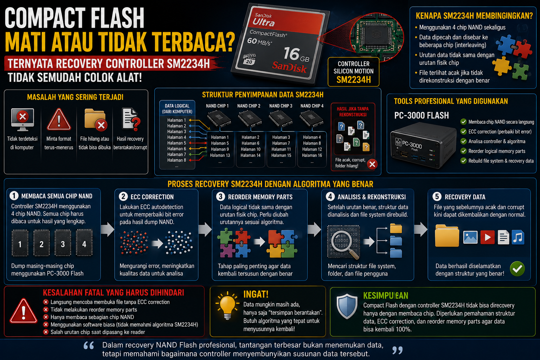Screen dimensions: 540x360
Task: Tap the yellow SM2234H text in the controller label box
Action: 353,80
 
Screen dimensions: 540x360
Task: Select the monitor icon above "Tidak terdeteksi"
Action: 22,120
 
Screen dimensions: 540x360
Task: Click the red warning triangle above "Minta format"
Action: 59,119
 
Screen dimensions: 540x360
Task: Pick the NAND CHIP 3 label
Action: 281,106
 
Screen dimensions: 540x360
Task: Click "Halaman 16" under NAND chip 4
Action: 312,155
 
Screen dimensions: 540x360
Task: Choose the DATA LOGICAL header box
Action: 177,109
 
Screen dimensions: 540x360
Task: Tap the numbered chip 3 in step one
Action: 63,243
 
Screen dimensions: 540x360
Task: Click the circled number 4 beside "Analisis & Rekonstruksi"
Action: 330,197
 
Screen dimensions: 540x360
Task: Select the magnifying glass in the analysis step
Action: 343,243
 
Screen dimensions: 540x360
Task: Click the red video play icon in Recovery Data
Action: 487,237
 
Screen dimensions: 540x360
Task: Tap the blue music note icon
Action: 518,238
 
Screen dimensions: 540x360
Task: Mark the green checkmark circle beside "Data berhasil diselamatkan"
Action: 517,269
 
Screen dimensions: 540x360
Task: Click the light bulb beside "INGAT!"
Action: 227,305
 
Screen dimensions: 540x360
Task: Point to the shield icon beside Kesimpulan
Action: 347,306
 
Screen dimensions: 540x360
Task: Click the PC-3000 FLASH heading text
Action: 422,116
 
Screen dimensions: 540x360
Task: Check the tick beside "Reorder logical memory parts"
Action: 463,151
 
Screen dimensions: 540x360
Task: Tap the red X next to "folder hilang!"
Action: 372,164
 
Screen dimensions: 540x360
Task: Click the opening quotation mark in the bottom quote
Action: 89,345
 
